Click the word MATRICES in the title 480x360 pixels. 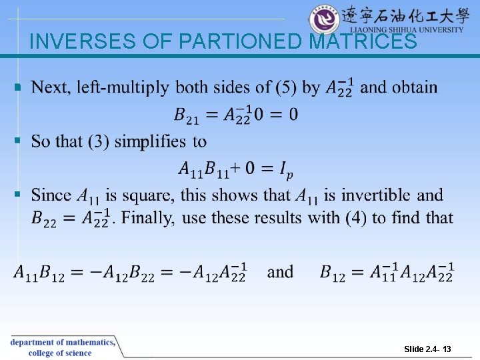point(363,42)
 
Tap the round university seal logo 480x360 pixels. point(325,19)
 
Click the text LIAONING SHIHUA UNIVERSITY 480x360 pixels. point(407,30)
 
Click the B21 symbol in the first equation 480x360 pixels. point(187,115)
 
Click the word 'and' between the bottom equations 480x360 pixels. point(280,272)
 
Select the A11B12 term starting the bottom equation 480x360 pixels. point(39,273)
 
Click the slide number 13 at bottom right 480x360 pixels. point(446,349)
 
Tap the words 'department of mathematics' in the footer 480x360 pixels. point(62,342)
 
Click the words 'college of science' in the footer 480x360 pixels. point(60,353)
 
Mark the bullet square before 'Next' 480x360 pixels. point(18,87)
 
